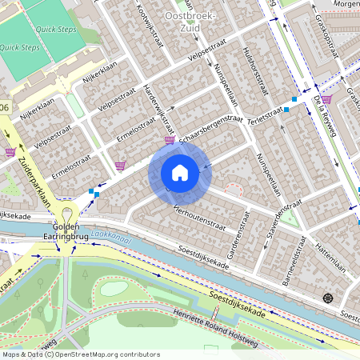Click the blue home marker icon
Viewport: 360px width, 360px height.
(x=180, y=173)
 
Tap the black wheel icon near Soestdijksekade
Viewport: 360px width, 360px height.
(x=327, y=298)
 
